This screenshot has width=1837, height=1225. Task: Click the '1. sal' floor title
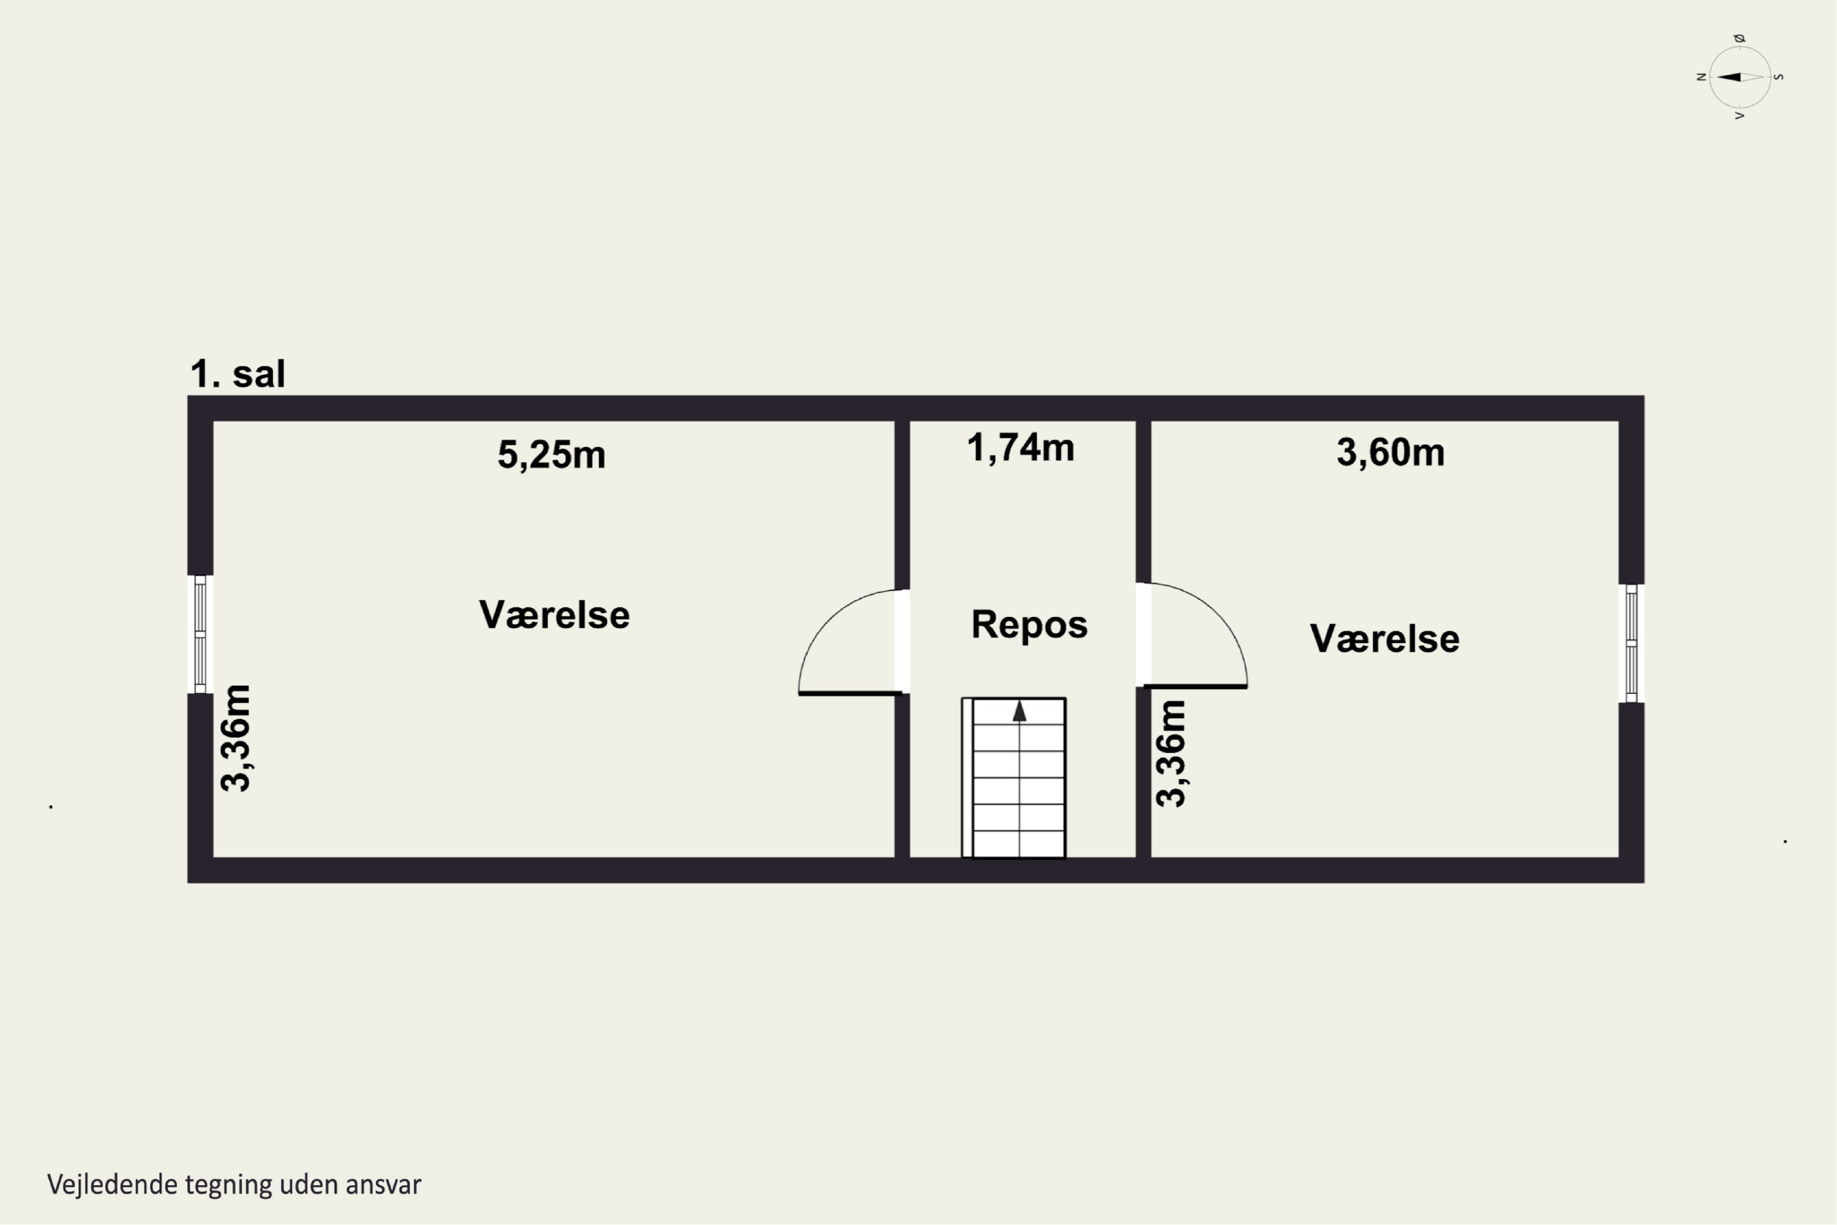point(238,374)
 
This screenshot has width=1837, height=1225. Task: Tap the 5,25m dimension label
point(552,454)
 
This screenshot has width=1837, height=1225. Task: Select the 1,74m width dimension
point(1020,448)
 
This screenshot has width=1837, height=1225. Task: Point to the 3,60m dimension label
point(1390,453)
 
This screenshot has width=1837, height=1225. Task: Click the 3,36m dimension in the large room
point(236,738)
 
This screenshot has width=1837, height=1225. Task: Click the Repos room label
point(1029,624)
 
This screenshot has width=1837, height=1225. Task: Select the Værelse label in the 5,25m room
point(554,615)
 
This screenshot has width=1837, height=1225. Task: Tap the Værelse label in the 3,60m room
point(1384,638)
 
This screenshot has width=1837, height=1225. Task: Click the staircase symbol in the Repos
point(1014,777)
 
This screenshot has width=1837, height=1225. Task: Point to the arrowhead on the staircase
point(1020,711)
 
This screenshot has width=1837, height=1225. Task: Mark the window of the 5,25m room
point(200,635)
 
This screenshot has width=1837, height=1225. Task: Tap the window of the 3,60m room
point(1632,643)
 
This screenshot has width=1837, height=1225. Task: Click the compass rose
point(1740,77)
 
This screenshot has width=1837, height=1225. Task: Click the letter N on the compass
point(1700,77)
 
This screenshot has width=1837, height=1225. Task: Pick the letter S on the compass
point(1779,77)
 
